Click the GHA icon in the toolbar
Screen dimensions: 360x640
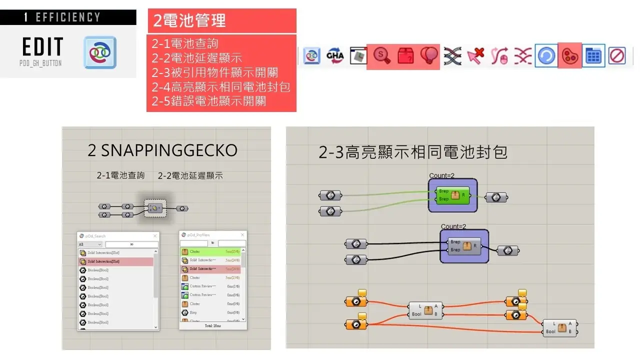(x=335, y=55)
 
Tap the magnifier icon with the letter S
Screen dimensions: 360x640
(x=382, y=56)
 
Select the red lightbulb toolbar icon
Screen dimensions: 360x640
(x=429, y=56)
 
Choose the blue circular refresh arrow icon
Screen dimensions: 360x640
(x=545, y=56)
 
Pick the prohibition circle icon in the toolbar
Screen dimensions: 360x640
(x=617, y=56)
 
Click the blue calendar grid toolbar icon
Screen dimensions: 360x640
(x=593, y=56)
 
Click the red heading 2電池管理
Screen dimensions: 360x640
(x=189, y=20)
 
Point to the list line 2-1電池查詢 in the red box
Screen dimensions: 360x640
(x=185, y=43)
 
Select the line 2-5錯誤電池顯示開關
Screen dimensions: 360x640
(x=209, y=101)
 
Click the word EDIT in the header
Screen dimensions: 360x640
(x=43, y=47)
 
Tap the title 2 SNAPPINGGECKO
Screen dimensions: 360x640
(x=162, y=150)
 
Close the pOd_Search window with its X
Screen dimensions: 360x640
(x=155, y=235)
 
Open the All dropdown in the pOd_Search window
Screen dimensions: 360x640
(x=90, y=244)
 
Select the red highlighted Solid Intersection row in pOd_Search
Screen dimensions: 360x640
(x=116, y=261)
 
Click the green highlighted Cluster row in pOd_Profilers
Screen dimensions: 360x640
(x=210, y=251)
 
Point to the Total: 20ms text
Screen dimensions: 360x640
(x=212, y=325)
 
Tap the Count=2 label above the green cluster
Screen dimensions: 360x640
(x=441, y=175)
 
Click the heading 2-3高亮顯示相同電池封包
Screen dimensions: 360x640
(x=413, y=152)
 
